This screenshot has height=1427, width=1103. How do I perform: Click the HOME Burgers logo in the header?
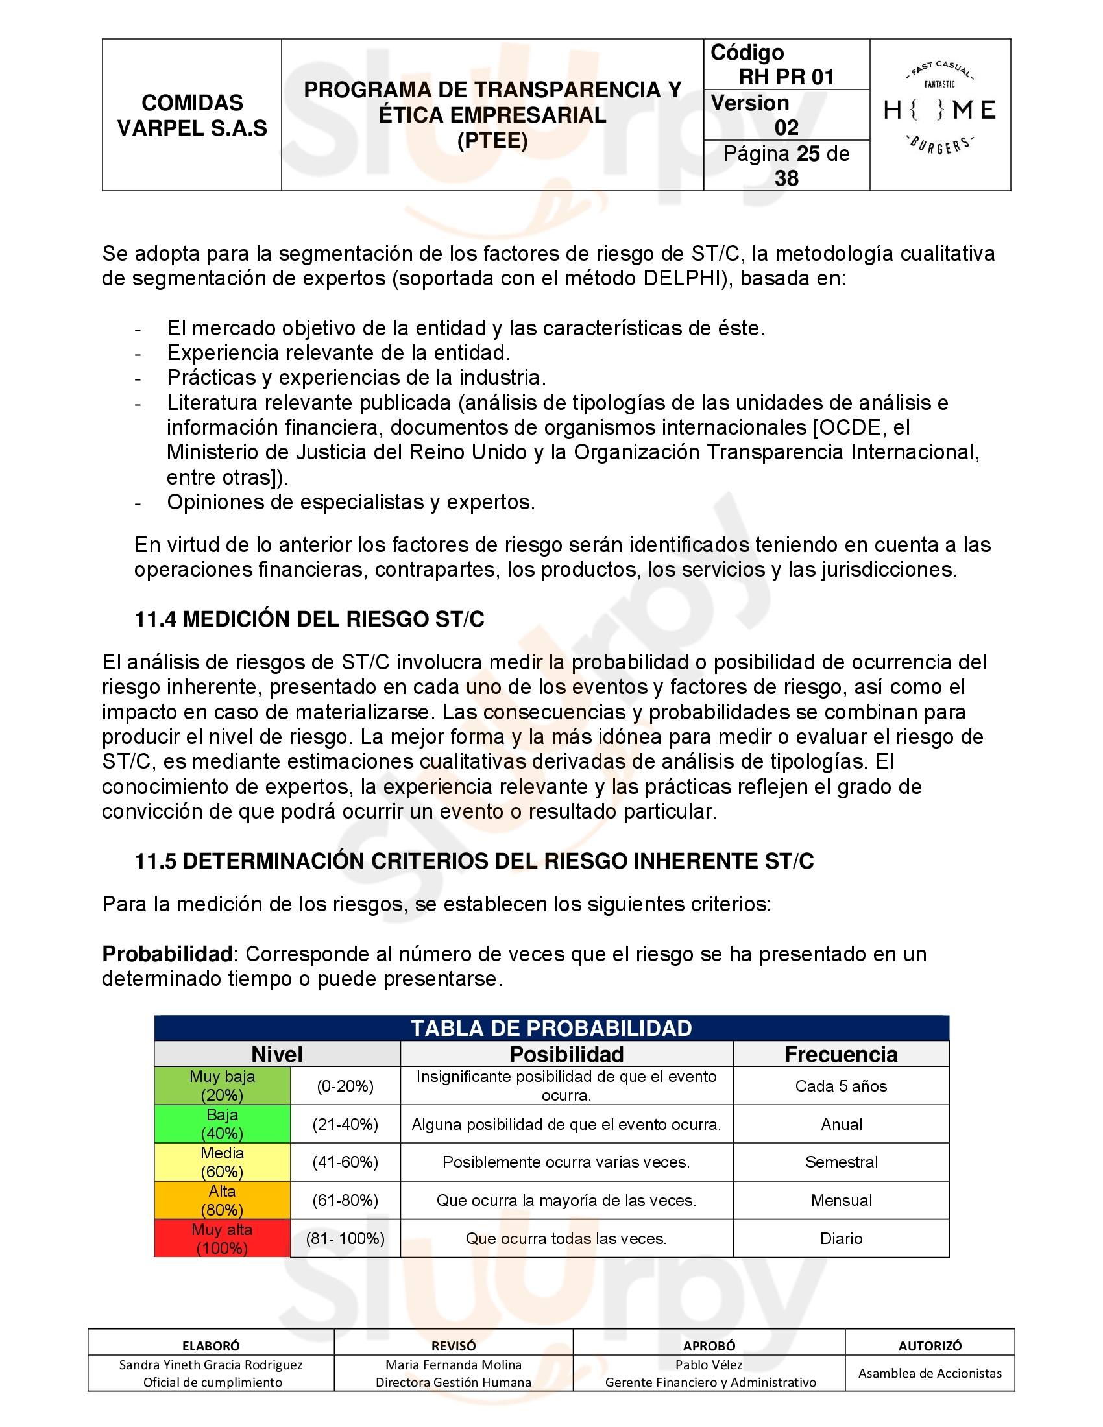939,110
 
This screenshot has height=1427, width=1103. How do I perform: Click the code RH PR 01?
786,77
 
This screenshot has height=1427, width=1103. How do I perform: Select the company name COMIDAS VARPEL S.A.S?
192,115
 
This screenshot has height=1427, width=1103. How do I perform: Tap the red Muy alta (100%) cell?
222,1238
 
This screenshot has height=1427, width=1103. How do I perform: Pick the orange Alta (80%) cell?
222,1200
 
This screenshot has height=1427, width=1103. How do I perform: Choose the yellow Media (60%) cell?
222,1162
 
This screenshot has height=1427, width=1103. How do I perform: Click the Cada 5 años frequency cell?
841,1086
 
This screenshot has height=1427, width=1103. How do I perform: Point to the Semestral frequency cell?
841,1162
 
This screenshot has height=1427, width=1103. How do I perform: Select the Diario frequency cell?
841,1238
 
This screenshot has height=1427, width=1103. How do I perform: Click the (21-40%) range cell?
345,1124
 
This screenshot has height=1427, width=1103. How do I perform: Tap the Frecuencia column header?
841,1054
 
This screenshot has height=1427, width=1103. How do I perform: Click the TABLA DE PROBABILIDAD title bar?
551,1028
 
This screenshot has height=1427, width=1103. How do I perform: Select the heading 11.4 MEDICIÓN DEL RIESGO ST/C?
309,619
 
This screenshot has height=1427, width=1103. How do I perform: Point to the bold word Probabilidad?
167,954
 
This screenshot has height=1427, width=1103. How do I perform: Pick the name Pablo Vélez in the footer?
709,1364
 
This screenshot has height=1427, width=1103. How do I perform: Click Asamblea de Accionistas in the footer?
930,1373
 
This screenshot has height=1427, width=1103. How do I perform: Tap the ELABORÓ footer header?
211,1346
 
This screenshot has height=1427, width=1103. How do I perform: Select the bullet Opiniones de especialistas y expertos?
351,502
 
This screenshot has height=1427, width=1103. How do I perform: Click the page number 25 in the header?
808,154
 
